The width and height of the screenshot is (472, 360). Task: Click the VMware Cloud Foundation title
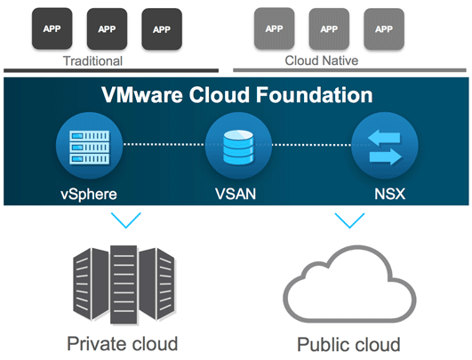(236, 95)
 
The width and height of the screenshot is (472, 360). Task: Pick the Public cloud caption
(348, 343)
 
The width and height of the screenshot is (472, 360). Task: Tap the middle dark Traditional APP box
(107, 28)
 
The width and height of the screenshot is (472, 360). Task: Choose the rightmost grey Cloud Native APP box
(384, 28)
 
